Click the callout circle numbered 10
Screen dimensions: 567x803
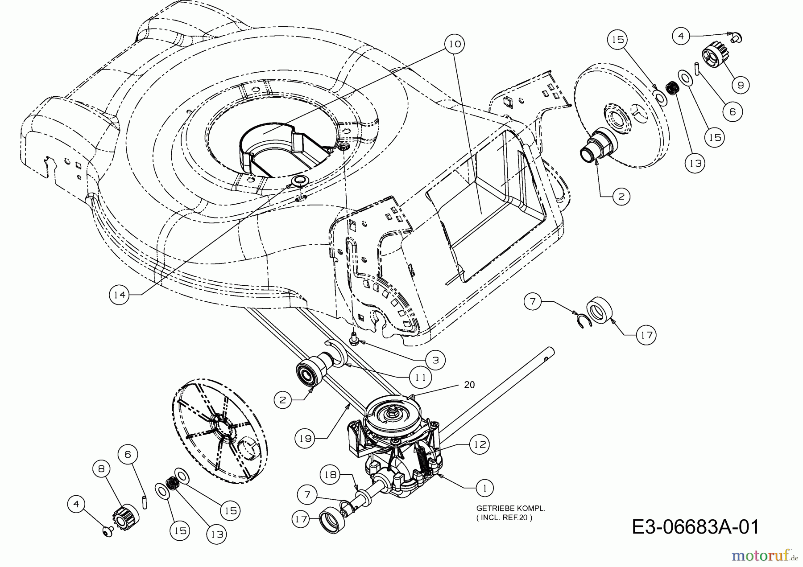[455, 44]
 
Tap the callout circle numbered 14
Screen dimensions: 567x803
[120, 294]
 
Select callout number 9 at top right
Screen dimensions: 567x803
[741, 85]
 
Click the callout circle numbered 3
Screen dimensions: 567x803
[435, 360]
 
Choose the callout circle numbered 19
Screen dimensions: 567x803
[305, 439]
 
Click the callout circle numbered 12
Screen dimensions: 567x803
[479, 444]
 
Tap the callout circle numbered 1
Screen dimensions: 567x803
[485, 488]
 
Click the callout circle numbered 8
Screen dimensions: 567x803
[103, 469]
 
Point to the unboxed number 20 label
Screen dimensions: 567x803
[469, 384]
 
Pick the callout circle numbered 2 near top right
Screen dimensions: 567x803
[621, 196]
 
